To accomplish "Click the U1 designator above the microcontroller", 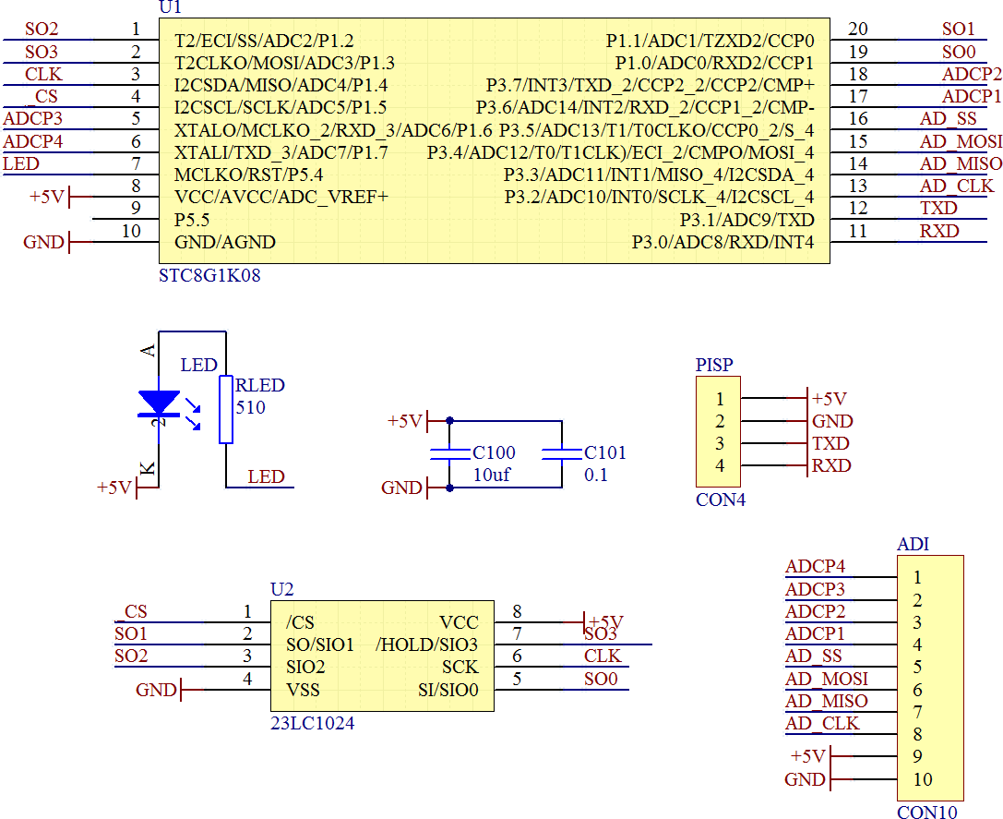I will click(x=171, y=7).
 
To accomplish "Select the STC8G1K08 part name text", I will click(x=209, y=274).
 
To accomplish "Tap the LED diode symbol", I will click(x=159, y=403).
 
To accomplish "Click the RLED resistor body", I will click(x=225, y=409).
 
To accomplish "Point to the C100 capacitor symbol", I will click(x=450, y=453).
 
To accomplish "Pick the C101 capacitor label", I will click(x=604, y=452).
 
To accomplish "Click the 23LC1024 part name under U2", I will click(x=312, y=723).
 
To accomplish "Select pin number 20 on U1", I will click(x=858, y=30).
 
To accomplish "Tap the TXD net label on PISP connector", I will click(x=830, y=443).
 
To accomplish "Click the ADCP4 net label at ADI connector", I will click(x=815, y=567).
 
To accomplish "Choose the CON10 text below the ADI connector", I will click(x=927, y=812).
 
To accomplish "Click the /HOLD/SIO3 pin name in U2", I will click(x=427, y=644).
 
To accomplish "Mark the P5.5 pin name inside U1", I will click(x=192, y=221).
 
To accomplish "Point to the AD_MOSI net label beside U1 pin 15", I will click(x=961, y=141).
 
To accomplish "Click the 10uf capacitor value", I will click(x=492, y=476).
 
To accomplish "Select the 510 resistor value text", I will click(x=251, y=407).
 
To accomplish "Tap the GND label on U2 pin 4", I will click(x=156, y=689).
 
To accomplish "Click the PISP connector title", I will click(x=714, y=365).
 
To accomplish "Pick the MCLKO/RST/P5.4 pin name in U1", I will click(x=248, y=175).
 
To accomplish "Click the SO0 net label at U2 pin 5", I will click(x=600, y=679).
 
